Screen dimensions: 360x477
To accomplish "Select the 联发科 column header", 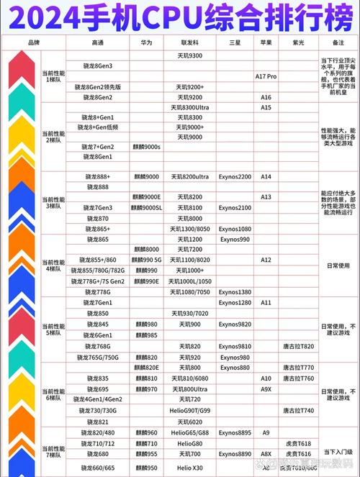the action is point(189,43).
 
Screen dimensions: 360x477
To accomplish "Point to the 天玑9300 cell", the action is point(189,55).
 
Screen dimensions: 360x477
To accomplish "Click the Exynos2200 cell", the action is point(235,176).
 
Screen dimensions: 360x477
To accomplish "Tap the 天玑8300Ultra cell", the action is point(189,107).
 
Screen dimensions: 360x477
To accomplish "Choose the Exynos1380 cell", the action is point(235,292).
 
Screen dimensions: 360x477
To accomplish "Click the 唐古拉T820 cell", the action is point(298,346).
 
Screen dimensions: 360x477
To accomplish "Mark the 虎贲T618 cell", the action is point(298,444).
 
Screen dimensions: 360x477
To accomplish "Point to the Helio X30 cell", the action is point(189,468).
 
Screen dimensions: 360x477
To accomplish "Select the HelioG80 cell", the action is point(189,444).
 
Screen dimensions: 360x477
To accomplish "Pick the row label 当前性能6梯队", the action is point(53,394).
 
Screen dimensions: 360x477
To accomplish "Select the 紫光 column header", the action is point(298,43).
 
